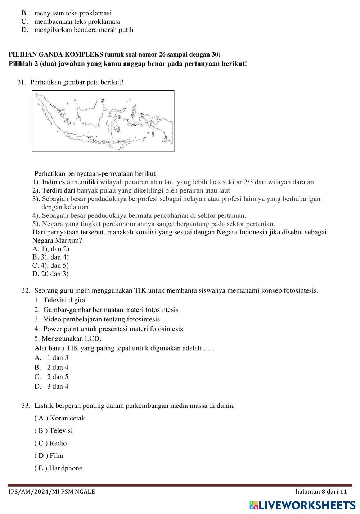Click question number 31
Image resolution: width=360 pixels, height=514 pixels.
(21, 82)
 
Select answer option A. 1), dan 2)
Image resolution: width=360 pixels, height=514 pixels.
(51, 249)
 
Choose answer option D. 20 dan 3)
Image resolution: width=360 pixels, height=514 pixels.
(50, 274)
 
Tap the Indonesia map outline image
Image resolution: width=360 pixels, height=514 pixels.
(103, 121)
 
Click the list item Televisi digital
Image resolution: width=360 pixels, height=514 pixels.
(65, 300)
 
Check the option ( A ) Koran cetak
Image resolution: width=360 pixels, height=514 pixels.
(60, 418)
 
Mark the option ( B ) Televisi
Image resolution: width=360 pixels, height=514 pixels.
(54, 430)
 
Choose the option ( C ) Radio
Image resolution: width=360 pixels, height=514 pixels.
(51, 443)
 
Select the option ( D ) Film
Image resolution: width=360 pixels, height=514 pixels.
(49, 456)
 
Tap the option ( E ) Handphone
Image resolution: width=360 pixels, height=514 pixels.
(58, 468)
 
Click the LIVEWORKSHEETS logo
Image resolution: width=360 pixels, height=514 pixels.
(302, 505)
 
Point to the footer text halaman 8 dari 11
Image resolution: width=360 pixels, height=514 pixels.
(321, 492)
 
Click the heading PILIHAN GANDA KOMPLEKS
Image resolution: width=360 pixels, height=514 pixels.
(56, 54)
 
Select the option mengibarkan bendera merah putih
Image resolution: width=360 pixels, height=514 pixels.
(84, 30)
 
